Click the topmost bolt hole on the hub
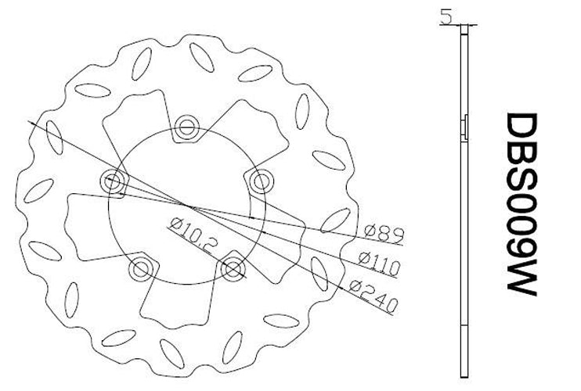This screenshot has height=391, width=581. tap(186, 128)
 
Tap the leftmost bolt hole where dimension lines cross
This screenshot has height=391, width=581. tap(114, 182)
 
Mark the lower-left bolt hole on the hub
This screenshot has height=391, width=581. tap(141, 270)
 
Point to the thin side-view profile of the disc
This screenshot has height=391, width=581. tap(464, 235)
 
